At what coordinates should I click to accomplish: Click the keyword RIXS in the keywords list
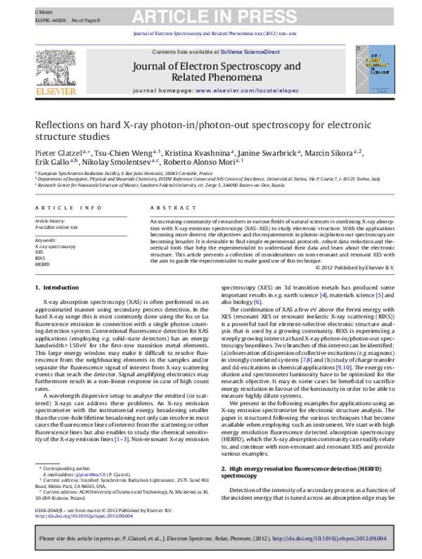point(41,257)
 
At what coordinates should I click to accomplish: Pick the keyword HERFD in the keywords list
point(43,263)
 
